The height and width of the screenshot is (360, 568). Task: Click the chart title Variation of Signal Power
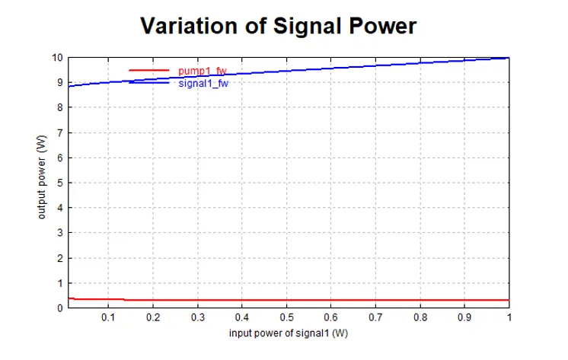[279, 26]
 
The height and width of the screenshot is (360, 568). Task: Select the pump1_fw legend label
[203, 71]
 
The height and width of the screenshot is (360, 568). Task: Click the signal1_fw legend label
[203, 83]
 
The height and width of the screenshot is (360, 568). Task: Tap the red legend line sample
[148, 70]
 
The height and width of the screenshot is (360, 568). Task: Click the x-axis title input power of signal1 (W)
[289, 333]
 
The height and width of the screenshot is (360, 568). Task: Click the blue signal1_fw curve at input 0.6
[330, 68]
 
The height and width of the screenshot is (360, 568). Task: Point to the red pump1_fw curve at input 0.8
[420, 300]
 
